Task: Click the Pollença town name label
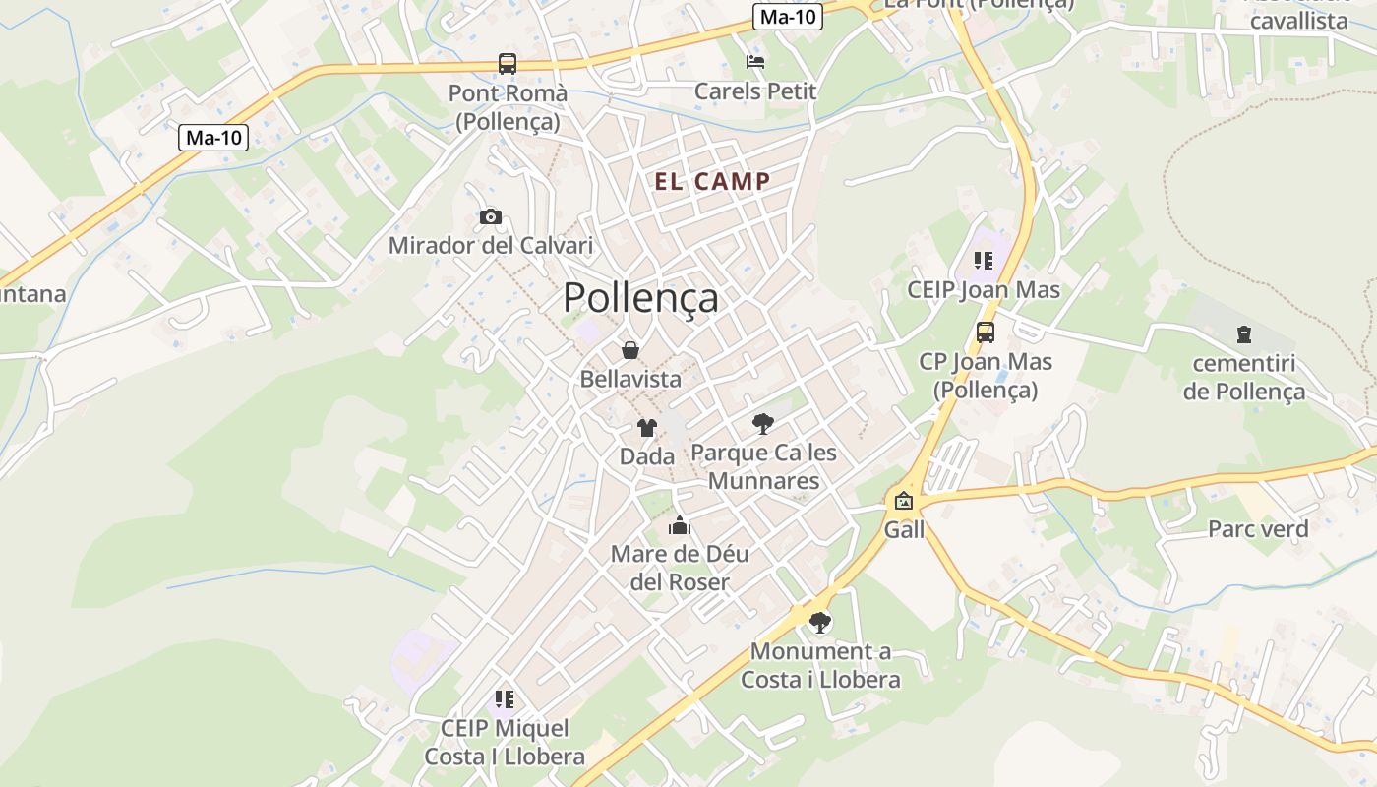coord(640,297)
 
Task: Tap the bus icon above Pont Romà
coord(508,64)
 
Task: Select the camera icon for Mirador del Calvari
coord(490,216)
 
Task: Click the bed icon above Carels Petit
coord(755,62)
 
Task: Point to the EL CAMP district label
coord(713,181)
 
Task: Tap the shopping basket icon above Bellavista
coord(630,349)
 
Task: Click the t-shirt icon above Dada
coord(646,427)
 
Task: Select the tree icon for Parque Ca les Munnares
coord(762,424)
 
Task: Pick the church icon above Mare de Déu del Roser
coord(680,524)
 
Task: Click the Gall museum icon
coord(904,501)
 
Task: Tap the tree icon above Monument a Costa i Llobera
coord(819,622)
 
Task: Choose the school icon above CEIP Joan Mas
coord(984,261)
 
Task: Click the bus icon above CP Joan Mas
coord(985,333)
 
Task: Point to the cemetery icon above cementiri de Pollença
coord(1244,334)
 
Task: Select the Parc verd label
coord(1258,529)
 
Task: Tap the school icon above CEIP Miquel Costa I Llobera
coord(505,699)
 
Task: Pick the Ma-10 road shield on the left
coord(214,138)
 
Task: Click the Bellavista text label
coord(630,379)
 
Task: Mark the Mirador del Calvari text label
coord(491,245)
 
